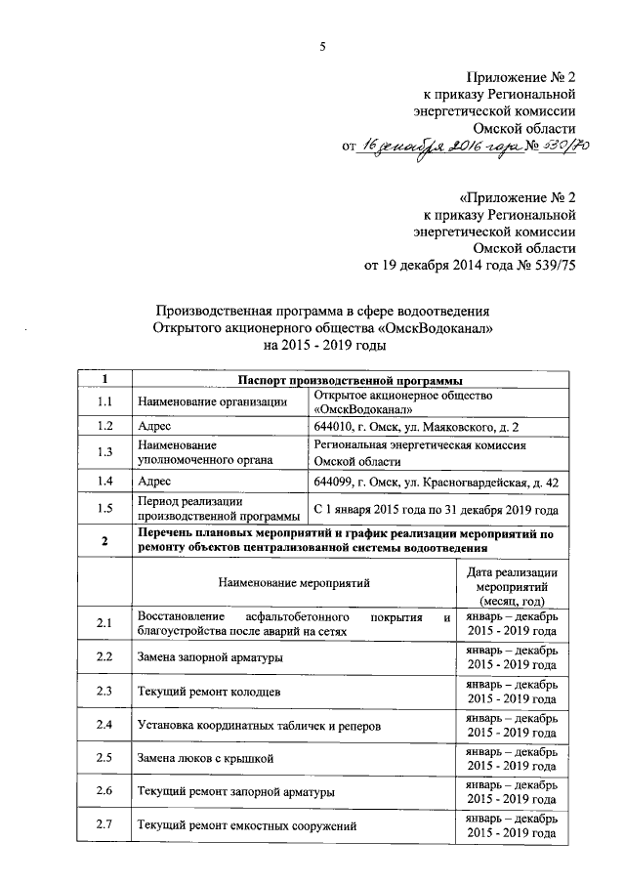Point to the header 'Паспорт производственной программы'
(x=345, y=379)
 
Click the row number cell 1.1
(x=105, y=401)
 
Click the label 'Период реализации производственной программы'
(x=219, y=509)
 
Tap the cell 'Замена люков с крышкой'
(x=205, y=757)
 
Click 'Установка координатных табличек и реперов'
(x=253, y=725)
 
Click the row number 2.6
(x=105, y=790)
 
